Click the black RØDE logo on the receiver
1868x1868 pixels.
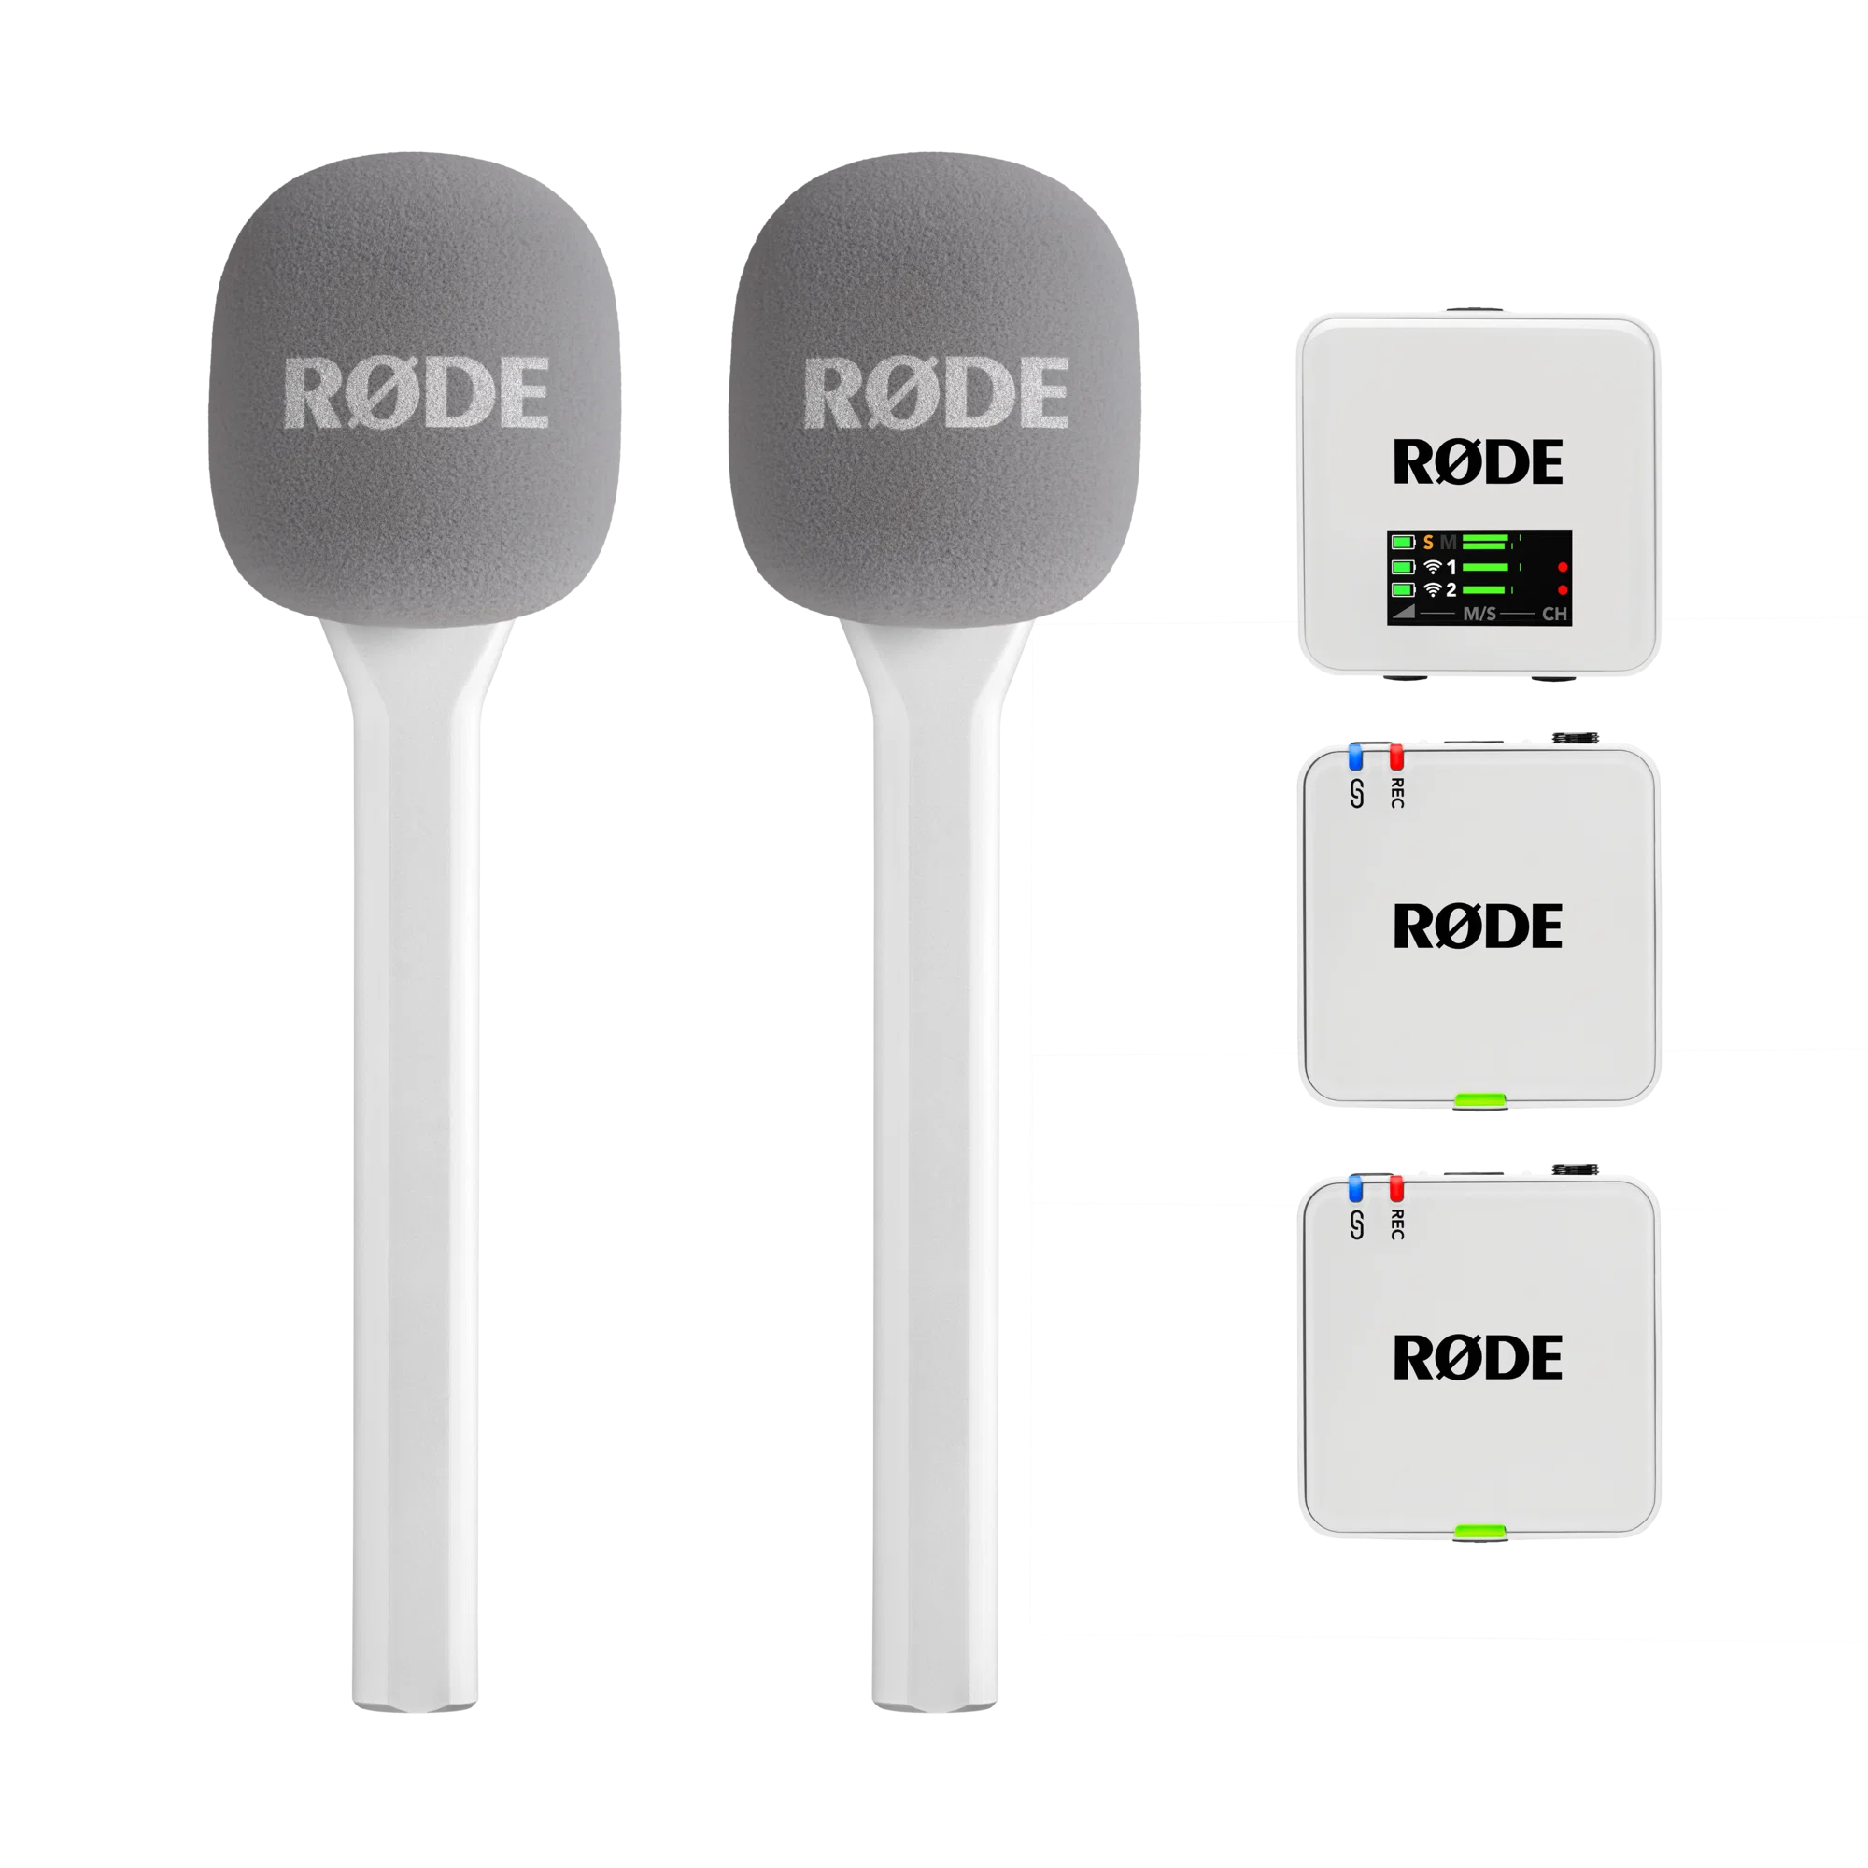point(1478,462)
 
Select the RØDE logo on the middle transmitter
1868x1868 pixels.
point(1478,926)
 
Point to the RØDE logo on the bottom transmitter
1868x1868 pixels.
point(1478,1357)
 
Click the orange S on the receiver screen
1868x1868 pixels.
point(1429,544)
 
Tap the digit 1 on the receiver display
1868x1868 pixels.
point(1451,568)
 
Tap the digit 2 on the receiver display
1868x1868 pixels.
point(1451,589)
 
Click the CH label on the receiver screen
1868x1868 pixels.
point(1555,614)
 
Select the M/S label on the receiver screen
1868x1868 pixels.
point(1480,614)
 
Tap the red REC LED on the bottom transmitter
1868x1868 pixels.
point(1396,1187)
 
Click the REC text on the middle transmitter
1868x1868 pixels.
point(1397,793)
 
